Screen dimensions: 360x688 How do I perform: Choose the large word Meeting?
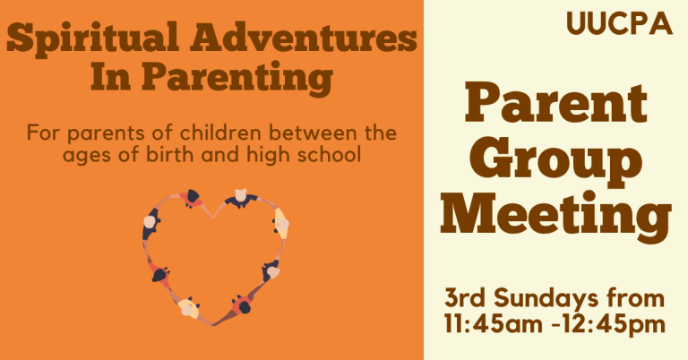[555, 218]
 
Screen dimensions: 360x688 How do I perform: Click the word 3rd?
[466, 298]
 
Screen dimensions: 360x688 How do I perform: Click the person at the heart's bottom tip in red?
[240, 304]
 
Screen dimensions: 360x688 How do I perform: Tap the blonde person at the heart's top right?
[240, 197]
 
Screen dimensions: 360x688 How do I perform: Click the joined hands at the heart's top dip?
[214, 211]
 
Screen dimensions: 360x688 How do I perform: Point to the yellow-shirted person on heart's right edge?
[281, 224]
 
